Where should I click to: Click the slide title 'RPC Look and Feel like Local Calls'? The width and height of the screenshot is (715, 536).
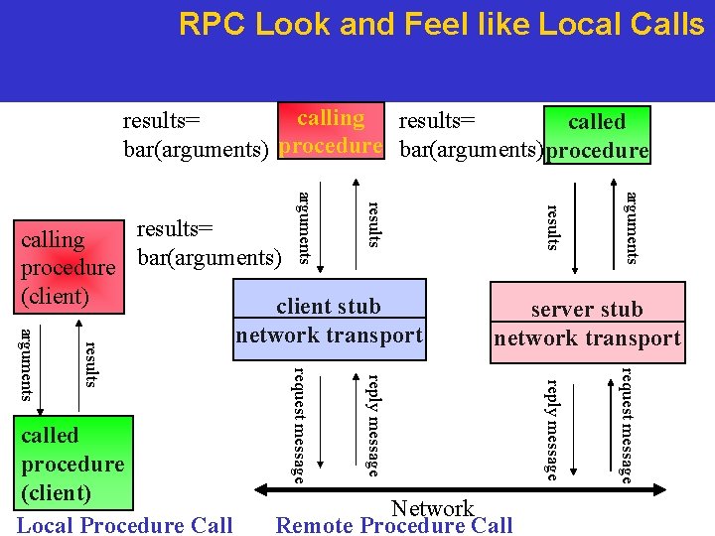(441, 25)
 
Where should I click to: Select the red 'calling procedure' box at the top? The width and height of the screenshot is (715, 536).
(331, 132)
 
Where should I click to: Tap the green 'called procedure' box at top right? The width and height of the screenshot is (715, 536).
(596, 135)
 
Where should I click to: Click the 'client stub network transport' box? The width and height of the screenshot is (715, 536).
(329, 321)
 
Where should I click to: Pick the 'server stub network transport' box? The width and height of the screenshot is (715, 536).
(587, 324)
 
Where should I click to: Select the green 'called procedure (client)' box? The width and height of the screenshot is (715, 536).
(72, 464)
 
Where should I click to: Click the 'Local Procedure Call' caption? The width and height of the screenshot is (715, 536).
(125, 525)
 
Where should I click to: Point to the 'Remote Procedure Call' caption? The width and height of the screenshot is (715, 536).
(394, 525)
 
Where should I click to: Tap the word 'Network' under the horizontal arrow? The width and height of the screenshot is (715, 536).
(433, 508)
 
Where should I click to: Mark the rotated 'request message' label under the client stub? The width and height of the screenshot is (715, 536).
(298, 425)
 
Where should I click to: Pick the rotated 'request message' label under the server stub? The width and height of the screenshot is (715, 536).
(627, 425)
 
